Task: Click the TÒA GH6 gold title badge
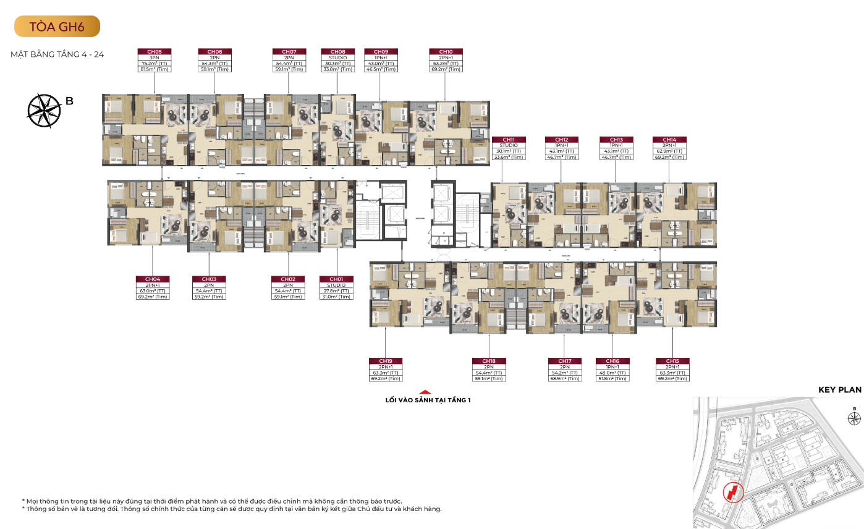pos(56,26)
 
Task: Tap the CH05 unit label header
pos(155,52)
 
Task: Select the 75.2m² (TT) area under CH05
pos(155,64)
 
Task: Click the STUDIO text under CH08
pos(337,57)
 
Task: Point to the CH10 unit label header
pos(446,52)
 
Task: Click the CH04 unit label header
pos(153,279)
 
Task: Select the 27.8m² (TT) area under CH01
pos(336,291)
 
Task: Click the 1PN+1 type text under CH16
pos(612,366)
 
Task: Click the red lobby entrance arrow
pos(425,391)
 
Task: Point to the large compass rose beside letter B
pos(44,110)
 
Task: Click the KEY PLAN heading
pos(839,390)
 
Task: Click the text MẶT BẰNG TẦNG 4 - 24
pos(57,54)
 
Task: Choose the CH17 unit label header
pos(564,361)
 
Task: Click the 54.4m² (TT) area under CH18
pos(489,373)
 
